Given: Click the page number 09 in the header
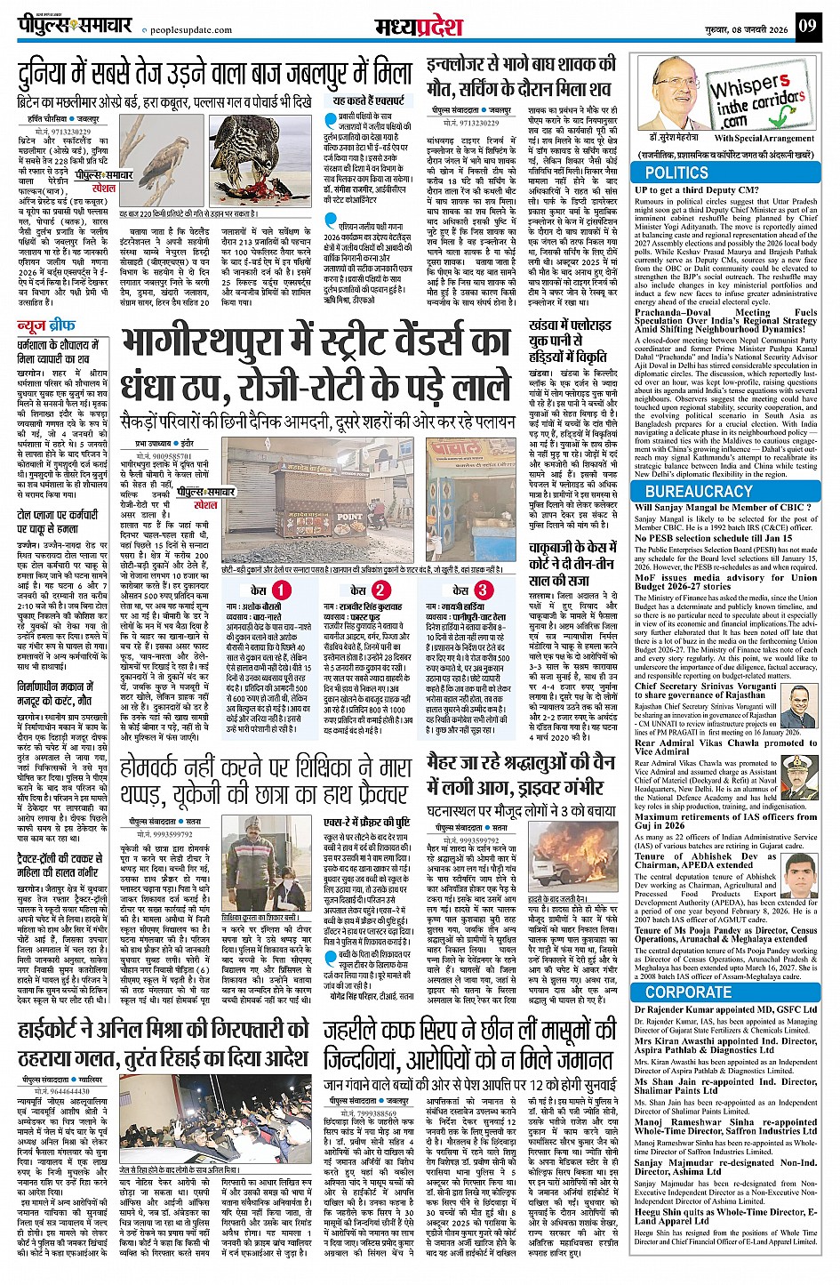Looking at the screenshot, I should (x=806, y=26).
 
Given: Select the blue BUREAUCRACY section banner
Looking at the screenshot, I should (x=699, y=491).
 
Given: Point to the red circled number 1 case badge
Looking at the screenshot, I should (x=281, y=590).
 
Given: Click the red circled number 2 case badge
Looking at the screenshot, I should (x=380, y=590).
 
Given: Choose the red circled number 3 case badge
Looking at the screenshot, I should (x=482, y=590).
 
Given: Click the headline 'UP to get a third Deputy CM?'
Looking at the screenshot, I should (x=697, y=189).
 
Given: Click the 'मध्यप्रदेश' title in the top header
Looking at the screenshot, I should (x=420, y=27).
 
